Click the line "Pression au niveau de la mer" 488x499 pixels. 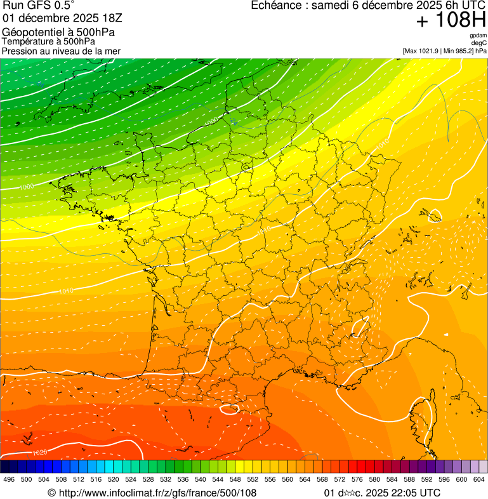click(x=61, y=51)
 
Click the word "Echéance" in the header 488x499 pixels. click(x=275, y=6)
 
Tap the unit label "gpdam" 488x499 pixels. click(x=478, y=36)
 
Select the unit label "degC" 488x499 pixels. click(x=478, y=43)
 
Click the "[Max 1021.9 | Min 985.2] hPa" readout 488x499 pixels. click(x=444, y=51)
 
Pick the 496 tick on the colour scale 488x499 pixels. click(x=9, y=479)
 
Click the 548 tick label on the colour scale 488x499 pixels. click(x=235, y=479)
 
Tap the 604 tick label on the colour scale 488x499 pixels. click(x=478, y=479)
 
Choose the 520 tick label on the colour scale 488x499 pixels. click(x=113, y=479)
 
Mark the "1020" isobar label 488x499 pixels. click(x=39, y=453)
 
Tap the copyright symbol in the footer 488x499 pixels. click(x=51, y=493)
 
